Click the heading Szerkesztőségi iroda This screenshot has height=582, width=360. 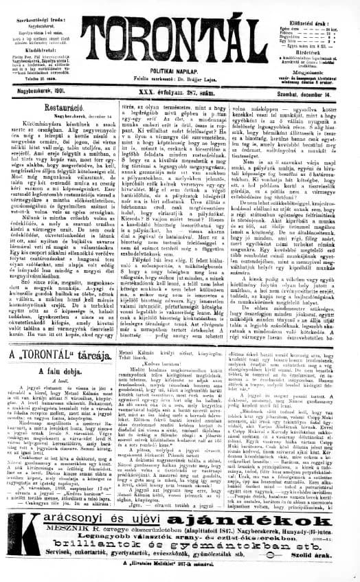41,8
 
